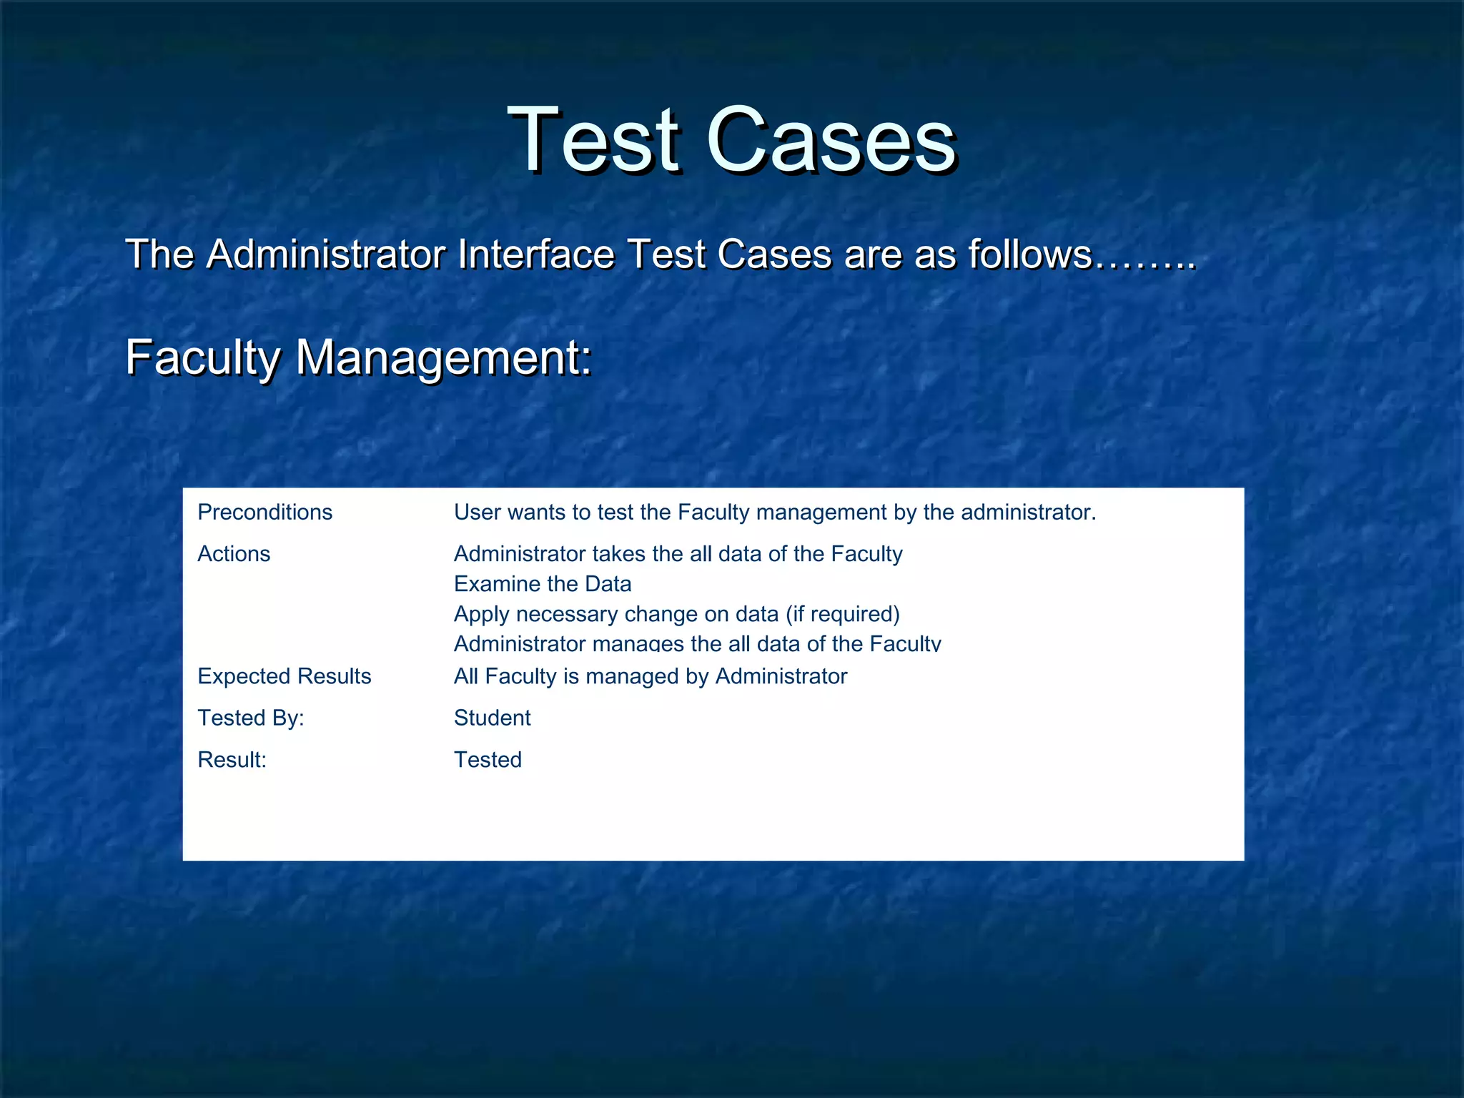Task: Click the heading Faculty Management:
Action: point(358,357)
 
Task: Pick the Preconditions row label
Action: point(264,513)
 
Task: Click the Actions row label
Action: point(234,554)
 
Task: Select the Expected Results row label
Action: point(284,676)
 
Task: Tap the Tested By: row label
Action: point(250,718)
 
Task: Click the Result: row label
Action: point(232,759)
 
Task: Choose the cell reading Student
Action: point(492,718)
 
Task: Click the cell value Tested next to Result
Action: point(488,759)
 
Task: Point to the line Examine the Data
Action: point(542,584)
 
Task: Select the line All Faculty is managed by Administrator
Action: point(650,676)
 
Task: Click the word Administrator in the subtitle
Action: point(325,254)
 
